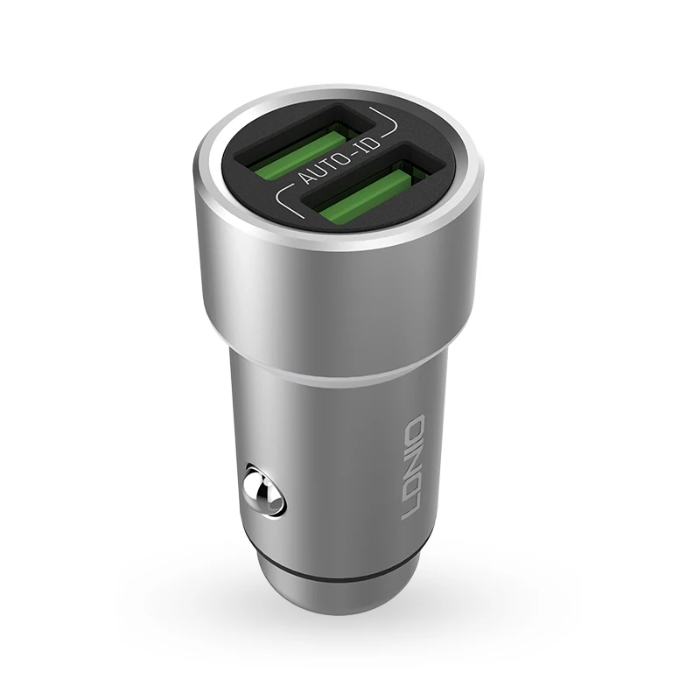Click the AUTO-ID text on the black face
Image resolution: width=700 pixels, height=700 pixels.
[x=340, y=161]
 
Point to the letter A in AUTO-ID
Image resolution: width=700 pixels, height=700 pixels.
[x=307, y=177]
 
